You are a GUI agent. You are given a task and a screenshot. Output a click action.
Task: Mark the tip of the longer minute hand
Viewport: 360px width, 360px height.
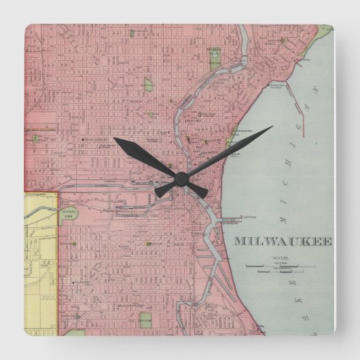click(x=272, y=127)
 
